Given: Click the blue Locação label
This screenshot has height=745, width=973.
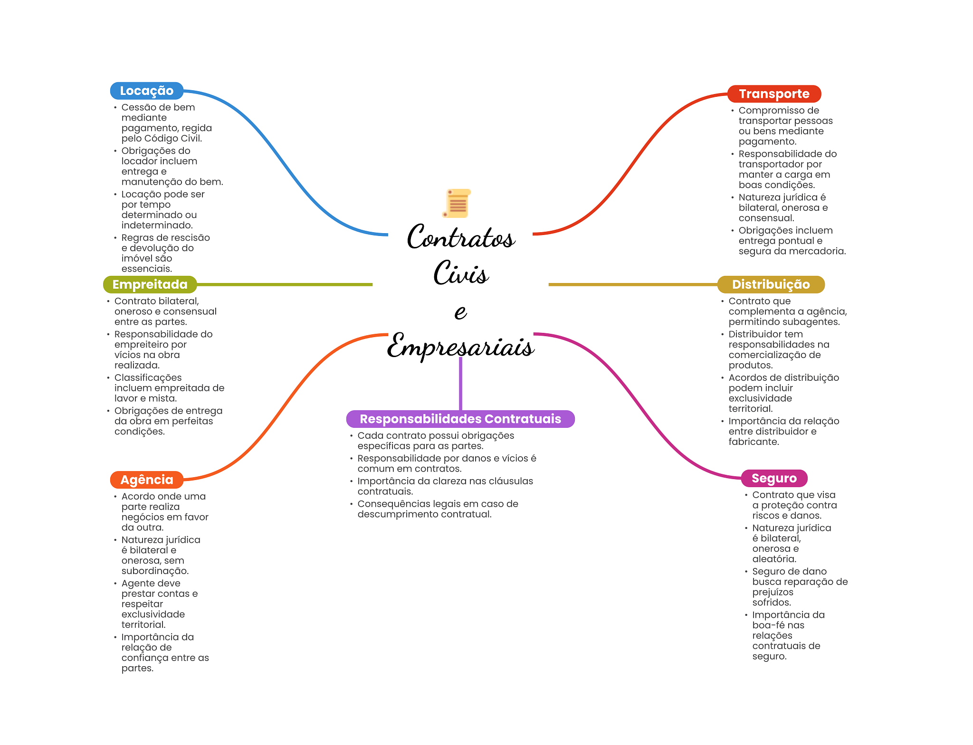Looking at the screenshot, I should coord(146,91).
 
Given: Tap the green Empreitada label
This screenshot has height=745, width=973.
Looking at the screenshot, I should coord(150,284).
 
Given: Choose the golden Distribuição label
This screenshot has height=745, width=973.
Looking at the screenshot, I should coord(770,284).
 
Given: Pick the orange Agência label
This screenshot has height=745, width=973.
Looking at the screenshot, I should coord(146,480).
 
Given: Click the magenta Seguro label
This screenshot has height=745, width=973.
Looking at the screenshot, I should coord(773,478).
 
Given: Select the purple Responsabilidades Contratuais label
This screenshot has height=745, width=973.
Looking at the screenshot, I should coord(460,419).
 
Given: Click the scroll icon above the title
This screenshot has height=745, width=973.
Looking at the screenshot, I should coord(457,203).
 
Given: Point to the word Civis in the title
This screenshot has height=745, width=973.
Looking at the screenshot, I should coord(460,273).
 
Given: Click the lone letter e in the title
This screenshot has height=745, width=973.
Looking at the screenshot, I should coord(460,312).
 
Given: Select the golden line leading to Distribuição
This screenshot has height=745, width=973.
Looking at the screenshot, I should coord(632,284).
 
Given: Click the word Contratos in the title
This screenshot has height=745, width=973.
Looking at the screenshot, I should coord(460,237).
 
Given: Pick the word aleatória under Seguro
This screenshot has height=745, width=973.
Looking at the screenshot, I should coord(773,559).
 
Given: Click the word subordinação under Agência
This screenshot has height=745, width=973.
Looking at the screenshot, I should coord(154,571).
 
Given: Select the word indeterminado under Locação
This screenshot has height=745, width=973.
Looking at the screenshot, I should coord(157,226).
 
